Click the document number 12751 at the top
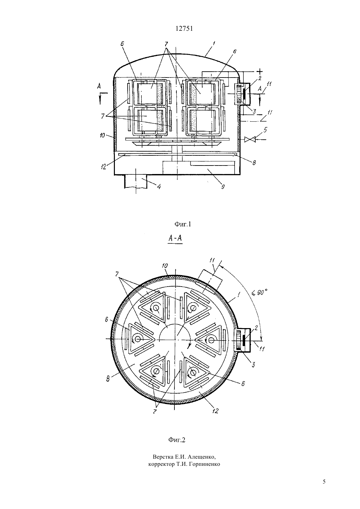click(x=184, y=29)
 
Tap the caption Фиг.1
click(x=183, y=224)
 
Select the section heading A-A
click(x=175, y=238)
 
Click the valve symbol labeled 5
click(x=250, y=139)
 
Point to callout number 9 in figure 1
click(x=223, y=187)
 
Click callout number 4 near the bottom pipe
click(x=159, y=187)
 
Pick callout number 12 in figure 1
click(x=103, y=167)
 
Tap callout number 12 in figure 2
click(x=215, y=411)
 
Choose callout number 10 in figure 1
click(x=102, y=135)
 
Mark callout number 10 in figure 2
click(x=165, y=266)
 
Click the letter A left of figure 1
click(x=99, y=86)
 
